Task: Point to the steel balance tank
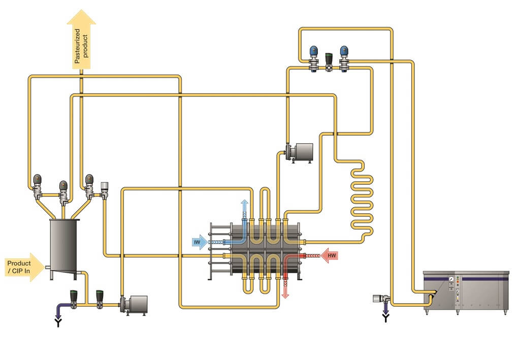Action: coord(63,246)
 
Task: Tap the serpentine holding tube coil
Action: coord(361,201)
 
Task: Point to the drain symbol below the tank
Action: coord(57,322)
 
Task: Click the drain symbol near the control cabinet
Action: coord(386,318)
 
